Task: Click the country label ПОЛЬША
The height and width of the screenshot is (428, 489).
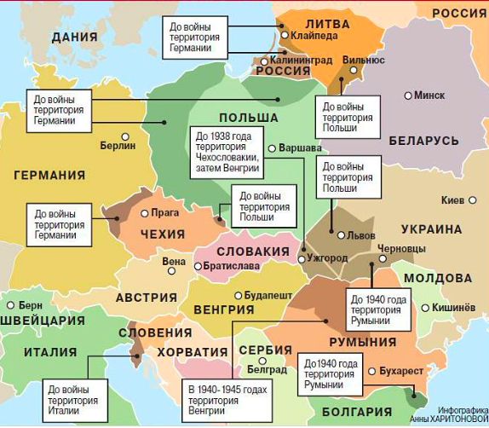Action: click(x=248, y=118)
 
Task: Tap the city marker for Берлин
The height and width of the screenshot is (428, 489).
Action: click(x=125, y=136)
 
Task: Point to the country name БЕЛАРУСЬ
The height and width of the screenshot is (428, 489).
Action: click(x=423, y=141)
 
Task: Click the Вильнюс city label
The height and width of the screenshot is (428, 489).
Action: click(x=363, y=61)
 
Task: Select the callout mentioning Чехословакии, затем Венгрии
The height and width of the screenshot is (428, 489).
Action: click(x=227, y=152)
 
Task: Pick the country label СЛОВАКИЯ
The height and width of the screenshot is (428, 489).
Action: click(x=253, y=252)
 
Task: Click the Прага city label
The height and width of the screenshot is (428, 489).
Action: click(x=164, y=213)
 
